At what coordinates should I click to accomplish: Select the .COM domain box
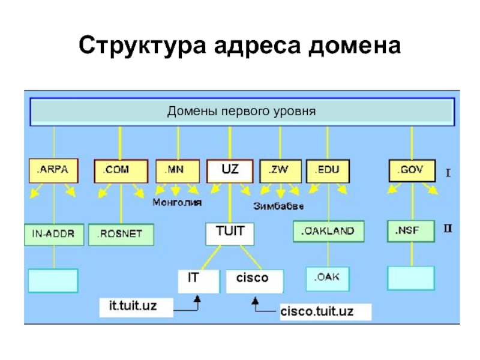click(121, 170)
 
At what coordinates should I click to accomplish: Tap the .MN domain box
click(178, 170)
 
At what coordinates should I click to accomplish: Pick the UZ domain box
click(230, 170)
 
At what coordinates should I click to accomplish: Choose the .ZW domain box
click(280, 170)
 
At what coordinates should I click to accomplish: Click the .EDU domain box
click(328, 170)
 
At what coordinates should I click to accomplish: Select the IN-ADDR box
click(53, 234)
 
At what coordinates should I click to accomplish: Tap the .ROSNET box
click(121, 234)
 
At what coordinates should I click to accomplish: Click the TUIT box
click(230, 234)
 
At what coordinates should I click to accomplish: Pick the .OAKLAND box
click(328, 231)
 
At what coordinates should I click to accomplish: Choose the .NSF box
click(411, 231)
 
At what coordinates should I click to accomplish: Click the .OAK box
click(328, 278)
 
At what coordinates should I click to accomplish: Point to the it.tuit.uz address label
click(136, 307)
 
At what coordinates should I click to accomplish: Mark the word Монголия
click(177, 202)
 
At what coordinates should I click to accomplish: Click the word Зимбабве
click(278, 206)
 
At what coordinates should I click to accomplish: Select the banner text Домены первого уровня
click(241, 112)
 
